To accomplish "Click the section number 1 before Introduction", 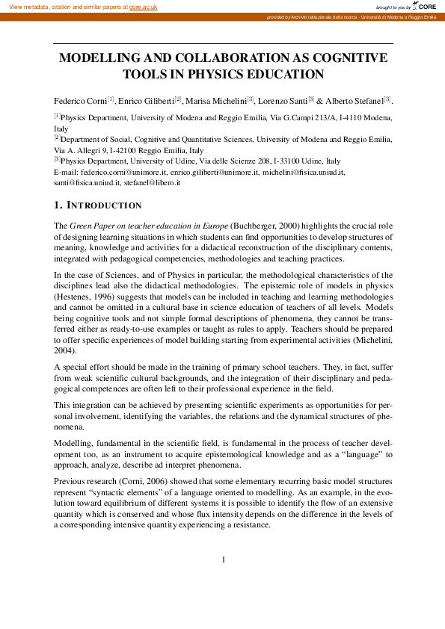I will click(x=57, y=205).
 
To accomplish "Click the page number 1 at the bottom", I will click(x=223, y=560).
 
